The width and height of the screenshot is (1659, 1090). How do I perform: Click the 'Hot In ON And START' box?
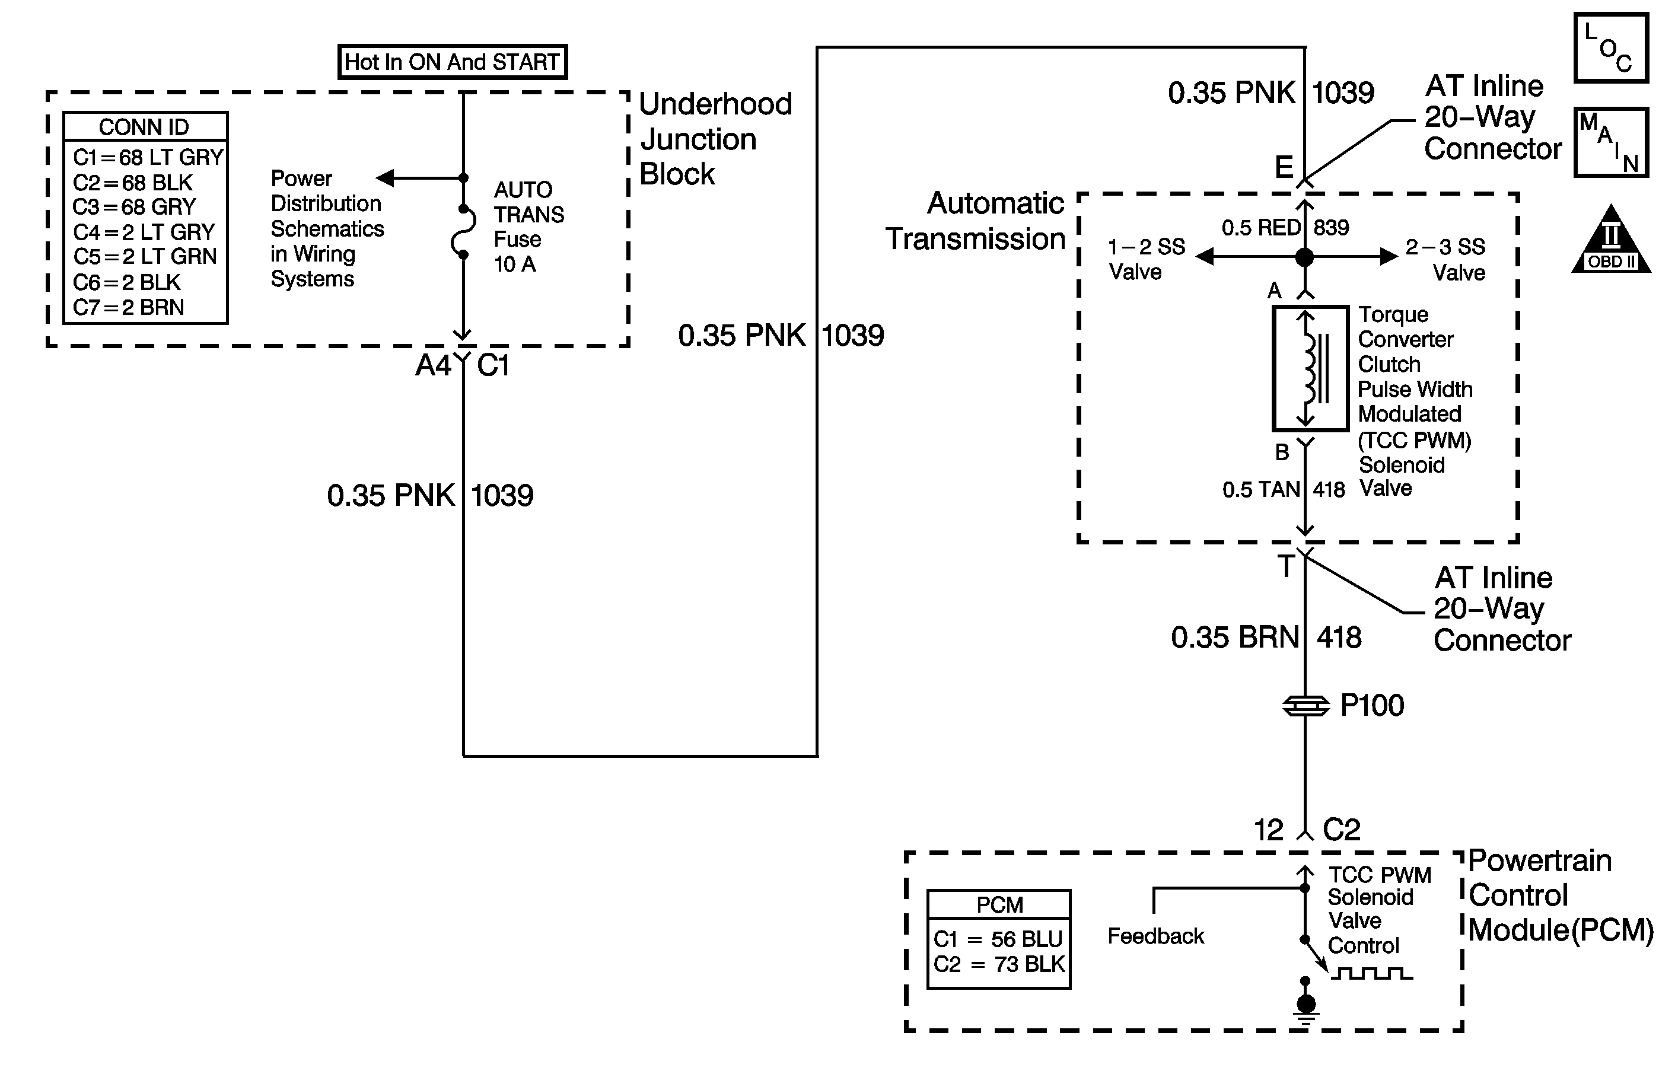point(453,62)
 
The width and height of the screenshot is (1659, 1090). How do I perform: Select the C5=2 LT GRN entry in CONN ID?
point(145,256)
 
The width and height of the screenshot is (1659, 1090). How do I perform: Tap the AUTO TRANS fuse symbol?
point(464,232)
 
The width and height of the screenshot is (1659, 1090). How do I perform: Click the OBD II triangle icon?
point(1611,239)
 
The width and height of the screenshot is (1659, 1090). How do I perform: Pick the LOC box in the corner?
point(1611,47)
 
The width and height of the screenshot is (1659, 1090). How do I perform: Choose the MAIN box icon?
point(1611,142)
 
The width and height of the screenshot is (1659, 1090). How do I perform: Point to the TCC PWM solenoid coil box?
point(1310,368)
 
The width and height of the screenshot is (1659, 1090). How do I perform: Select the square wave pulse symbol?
point(1372,973)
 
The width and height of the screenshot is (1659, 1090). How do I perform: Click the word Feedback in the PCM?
point(1155,936)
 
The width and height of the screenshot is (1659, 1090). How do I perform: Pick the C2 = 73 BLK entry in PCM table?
point(999,964)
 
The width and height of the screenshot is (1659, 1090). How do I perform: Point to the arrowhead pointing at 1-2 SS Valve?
point(1205,257)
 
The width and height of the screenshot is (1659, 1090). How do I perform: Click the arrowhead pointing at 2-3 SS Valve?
point(1389,257)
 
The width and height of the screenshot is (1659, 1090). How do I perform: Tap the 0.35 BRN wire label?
point(1234,638)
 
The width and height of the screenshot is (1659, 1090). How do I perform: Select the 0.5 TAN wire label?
point(1261,490)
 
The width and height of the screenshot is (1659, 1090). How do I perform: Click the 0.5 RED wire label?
point(1261,228)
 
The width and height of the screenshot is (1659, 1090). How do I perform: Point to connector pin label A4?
point(434,365)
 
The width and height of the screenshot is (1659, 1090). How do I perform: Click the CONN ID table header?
point(144,127)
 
